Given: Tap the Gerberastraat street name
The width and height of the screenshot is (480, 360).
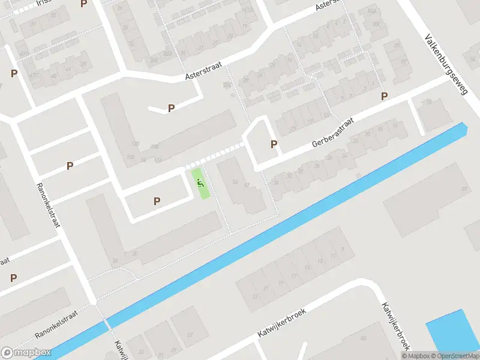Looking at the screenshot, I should pyautogui.click(x=332, y=133).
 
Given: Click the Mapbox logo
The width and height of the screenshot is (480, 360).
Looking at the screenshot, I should pyautogui.click(x=26, y=353).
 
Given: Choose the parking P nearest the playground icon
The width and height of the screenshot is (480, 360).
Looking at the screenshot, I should pyautogui.click(x=157, y=202).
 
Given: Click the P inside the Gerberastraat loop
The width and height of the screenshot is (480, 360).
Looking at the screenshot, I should pyautogui.click(x=274, y=144).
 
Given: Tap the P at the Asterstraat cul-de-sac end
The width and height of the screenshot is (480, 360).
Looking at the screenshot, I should pyautogui.click(x=171, y=109).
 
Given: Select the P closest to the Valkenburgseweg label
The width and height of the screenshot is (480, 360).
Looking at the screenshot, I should pyautogui.click(x=384, y=96).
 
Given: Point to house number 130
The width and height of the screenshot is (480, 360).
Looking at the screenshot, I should pyautogui.click(x=135, y=144).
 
